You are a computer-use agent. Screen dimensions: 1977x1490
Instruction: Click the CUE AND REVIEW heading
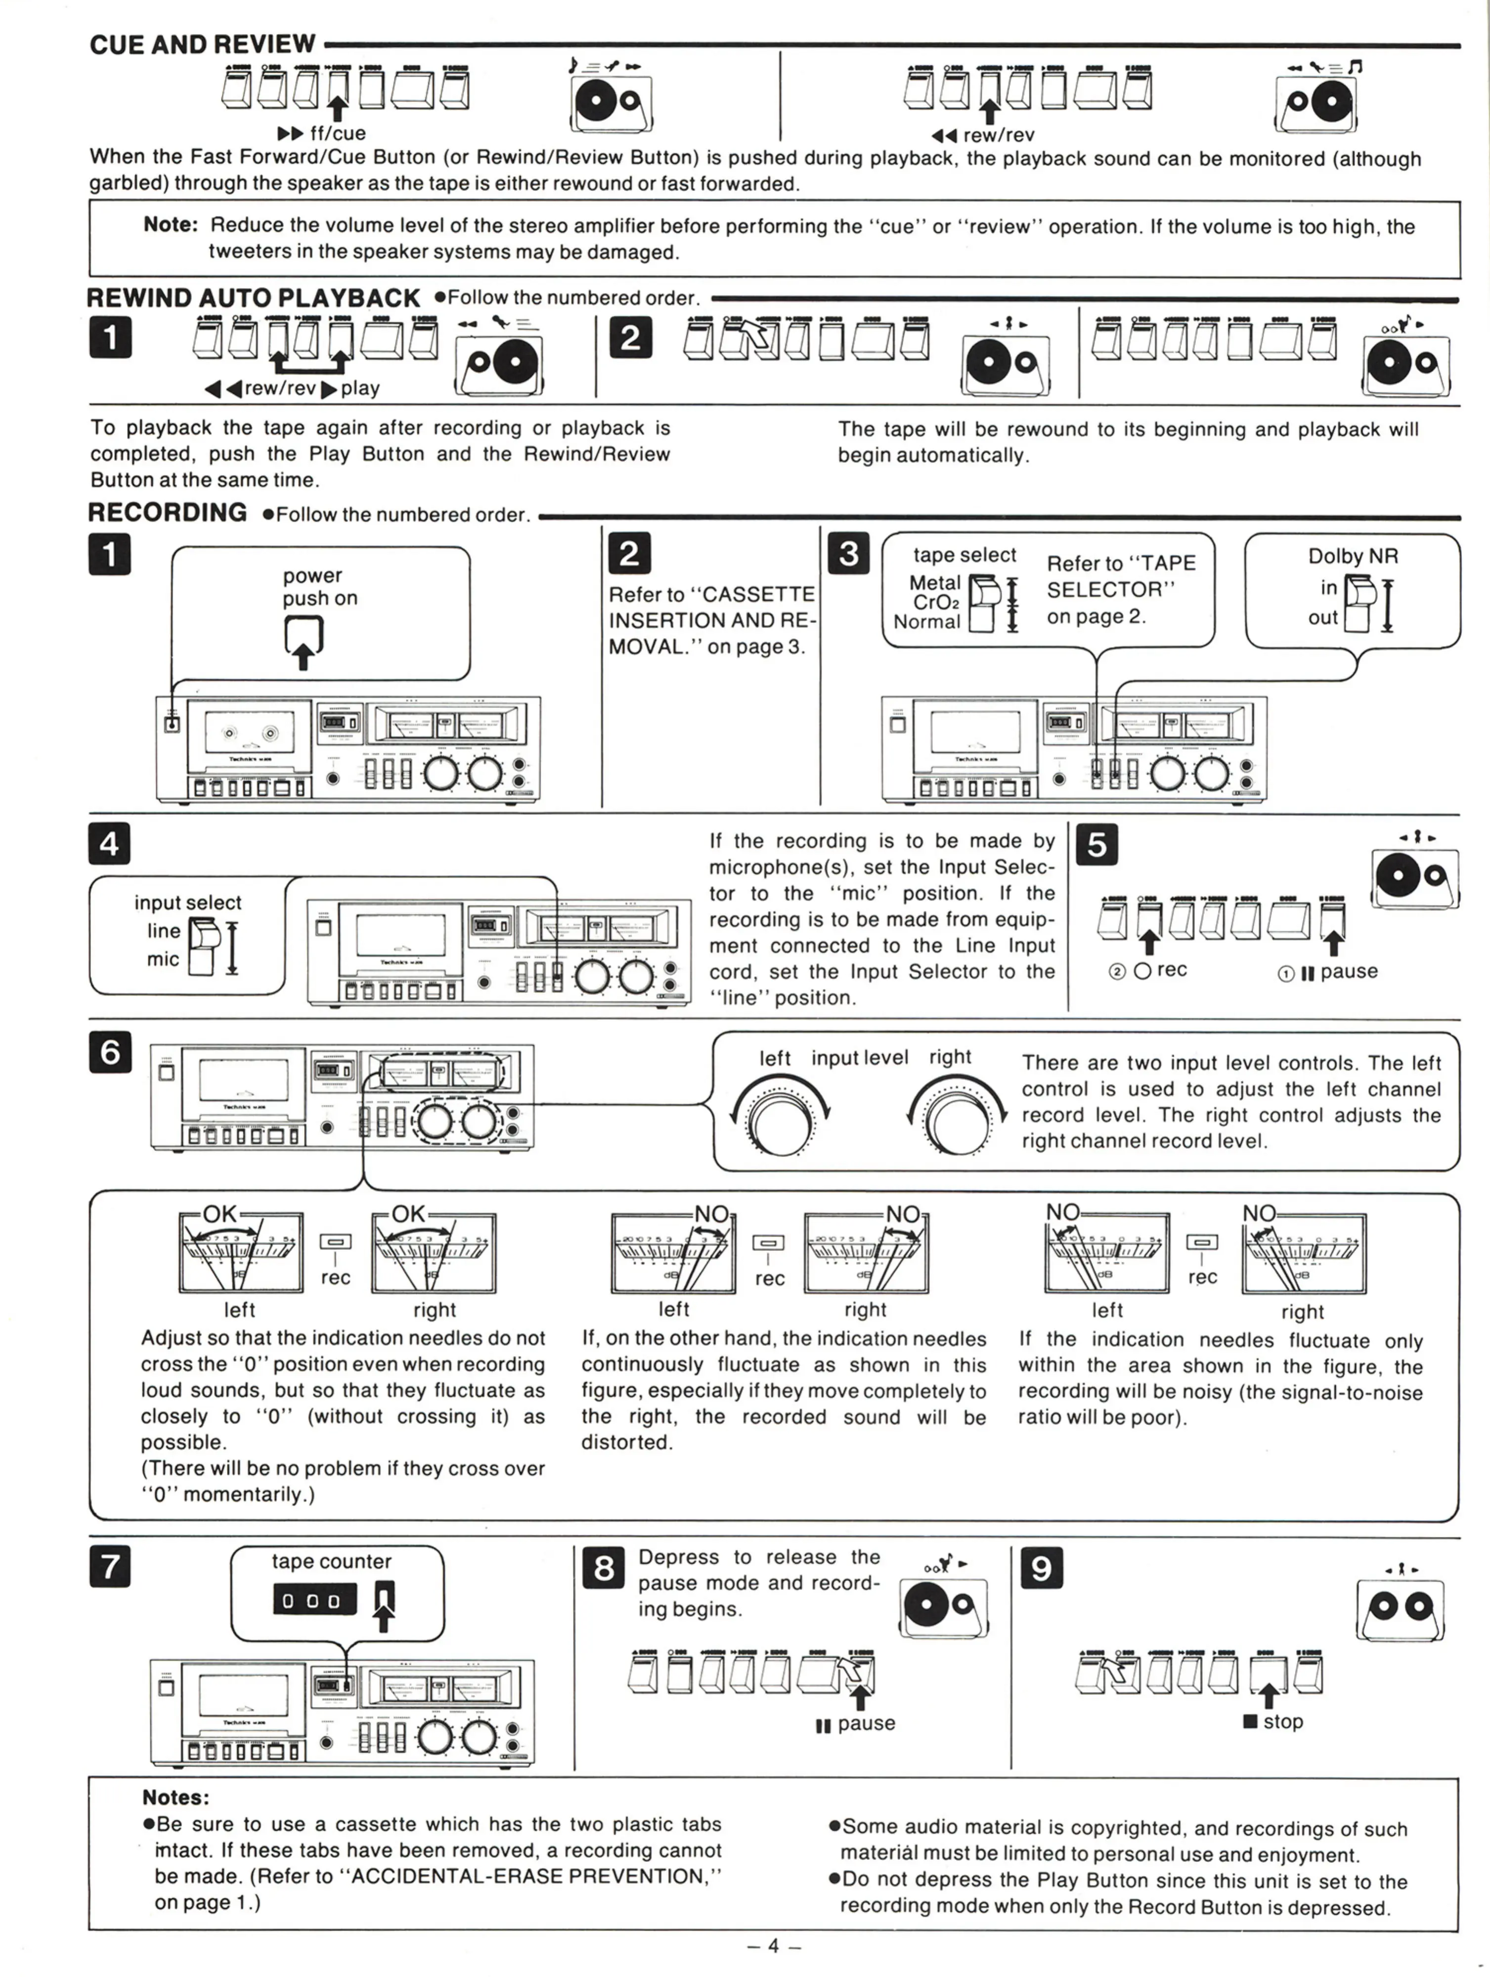click(x=202, y=44)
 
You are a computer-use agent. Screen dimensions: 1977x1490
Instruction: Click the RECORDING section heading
click(x=167, y=513)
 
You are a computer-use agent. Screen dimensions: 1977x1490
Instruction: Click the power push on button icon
click(x=303, y=637)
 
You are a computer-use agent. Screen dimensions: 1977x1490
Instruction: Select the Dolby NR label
click(x=1353, y=556)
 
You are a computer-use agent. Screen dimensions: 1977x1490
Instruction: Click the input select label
click(x=188, y=902)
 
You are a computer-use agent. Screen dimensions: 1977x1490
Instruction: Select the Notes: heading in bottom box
click(x=175, y=1798)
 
